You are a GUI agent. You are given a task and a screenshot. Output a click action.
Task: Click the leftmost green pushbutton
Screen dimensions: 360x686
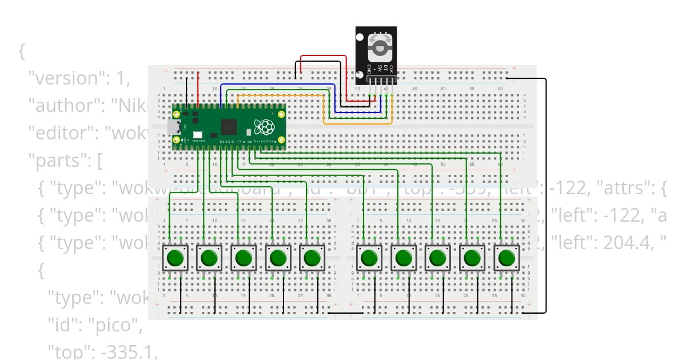click(175, 258)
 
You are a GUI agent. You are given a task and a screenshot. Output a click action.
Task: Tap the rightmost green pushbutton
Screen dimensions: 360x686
click(506, 258)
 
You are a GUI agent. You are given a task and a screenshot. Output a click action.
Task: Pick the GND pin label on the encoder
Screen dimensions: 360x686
click(369, 71)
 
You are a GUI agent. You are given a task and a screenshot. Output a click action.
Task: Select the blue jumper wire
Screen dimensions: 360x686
click(274, 85)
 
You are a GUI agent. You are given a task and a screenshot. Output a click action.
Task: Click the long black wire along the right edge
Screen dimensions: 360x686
click(546, 194)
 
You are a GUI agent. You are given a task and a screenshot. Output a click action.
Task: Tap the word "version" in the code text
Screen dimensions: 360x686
click(69, 78)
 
